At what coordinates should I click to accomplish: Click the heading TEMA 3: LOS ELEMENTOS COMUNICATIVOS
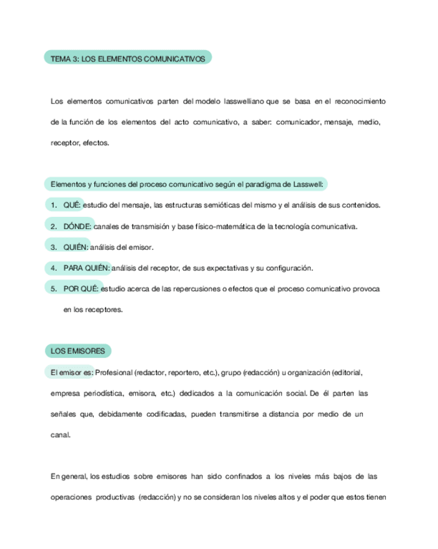point(127,58)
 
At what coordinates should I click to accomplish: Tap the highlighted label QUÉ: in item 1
point(72,205)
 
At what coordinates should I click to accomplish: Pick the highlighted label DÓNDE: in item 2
point(78,226)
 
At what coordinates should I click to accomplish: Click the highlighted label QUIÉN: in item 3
point(76,247)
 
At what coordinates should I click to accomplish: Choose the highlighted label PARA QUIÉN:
point(87,267)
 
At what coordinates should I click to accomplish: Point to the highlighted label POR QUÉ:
point(81,288)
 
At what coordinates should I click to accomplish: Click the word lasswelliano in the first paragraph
point(243,101)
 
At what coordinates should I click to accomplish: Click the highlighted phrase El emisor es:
point(72,372)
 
